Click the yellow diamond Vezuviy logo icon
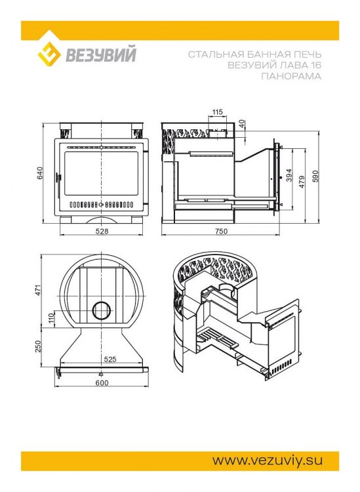(x=49, y=55)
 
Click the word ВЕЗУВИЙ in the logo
(x=101, y=54)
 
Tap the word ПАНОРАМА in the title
(x=291, y=76)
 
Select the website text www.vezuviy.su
(x=268, y=461)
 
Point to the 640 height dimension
(x=40, y=173)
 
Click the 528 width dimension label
(x=102, y=232)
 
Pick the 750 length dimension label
(x=222, y=232)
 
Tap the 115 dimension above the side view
(x=217, y=112)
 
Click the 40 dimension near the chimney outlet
(x=241, y=124)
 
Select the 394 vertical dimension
(x=289, y=175)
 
